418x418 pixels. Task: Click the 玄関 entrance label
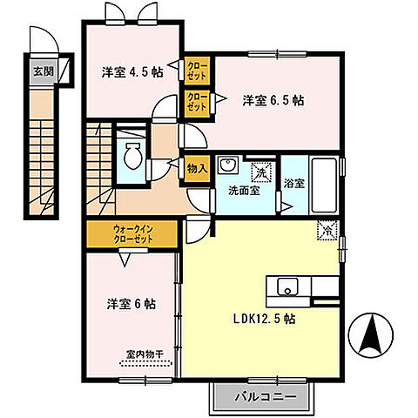[x=40, y=71]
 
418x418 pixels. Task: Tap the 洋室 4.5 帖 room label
[x=131, y=72]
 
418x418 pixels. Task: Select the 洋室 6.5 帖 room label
[x=273, y=99]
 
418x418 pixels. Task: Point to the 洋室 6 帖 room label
[x=130, y=304]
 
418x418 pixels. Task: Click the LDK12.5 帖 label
[x=265, y=318]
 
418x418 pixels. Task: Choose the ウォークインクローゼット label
[x=132, y=233]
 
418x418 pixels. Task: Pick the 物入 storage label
[x=196, y=169]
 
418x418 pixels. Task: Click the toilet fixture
[x=133, y=158]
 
